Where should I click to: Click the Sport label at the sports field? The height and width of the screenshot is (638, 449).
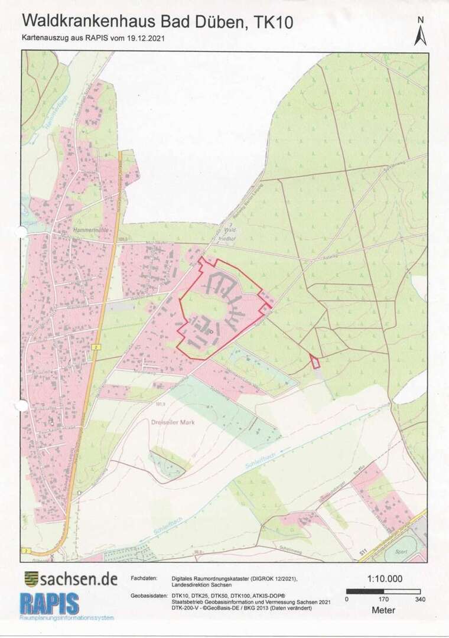click(401, 551)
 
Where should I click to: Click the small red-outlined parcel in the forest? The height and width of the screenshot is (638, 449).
click(315, 361)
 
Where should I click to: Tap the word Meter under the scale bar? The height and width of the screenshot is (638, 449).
click(383, 610)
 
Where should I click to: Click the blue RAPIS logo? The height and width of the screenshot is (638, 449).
click(50, 603)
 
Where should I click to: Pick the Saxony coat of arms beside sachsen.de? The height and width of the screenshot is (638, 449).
click(31, 578)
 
